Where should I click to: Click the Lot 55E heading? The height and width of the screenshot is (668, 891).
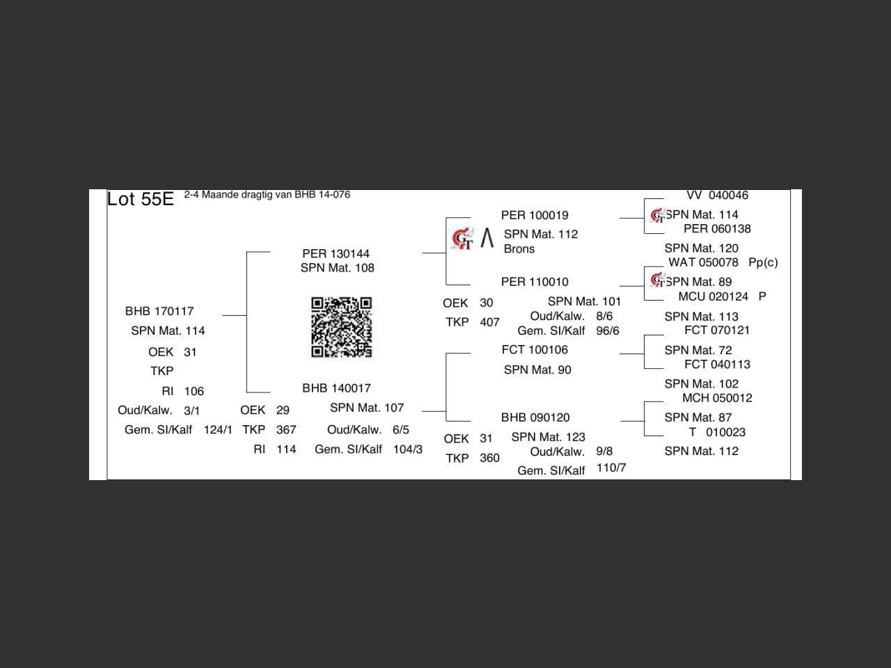pos(140,199)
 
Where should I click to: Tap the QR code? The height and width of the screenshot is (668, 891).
pos(341,327)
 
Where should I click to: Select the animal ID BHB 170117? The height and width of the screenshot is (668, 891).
pos(159,311)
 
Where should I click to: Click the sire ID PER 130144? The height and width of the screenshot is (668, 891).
pos(336,253)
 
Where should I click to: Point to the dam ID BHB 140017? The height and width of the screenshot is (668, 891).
pos(336,388)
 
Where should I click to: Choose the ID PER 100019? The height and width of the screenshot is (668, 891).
pos(535,216)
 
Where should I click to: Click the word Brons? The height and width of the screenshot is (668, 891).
pos(519,249)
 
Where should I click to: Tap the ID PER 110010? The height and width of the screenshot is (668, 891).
pos(535,282)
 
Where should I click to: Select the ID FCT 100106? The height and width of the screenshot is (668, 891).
pos(535,350)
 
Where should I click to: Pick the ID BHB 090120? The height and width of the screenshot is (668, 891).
pos(535,417)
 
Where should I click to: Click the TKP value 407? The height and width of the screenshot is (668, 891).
pos(489,322)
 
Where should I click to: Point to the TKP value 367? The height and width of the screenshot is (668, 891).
pos(286,430)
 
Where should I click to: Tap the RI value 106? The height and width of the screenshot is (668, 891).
pos(194,391)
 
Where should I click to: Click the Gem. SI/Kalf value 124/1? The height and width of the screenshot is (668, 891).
pos(218,430)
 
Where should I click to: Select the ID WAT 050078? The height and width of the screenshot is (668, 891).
pos(703,262)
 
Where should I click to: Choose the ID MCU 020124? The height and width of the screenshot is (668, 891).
pos(713,296)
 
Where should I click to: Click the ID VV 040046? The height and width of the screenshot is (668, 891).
pos(717,196)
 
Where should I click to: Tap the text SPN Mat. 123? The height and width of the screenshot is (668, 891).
pos(548,437)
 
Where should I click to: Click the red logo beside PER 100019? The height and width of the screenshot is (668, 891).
pos(462,239)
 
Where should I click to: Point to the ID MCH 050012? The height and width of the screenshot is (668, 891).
pos(717,398)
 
